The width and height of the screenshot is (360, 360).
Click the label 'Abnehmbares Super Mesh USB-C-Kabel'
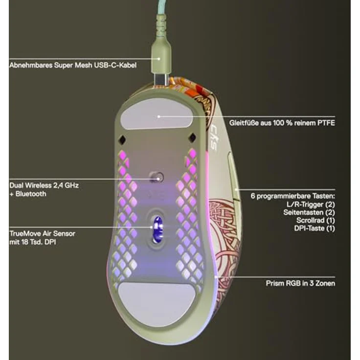73,65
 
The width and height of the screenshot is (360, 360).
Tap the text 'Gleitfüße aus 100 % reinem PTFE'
282,122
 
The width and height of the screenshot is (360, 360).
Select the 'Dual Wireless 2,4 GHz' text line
44,186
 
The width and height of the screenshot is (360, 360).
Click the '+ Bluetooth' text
28,194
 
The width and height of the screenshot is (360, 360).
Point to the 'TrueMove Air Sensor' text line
42,233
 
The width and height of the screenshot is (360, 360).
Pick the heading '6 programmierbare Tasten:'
292,196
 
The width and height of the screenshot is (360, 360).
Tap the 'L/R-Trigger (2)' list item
310,204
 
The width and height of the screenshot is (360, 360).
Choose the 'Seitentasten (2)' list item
309,212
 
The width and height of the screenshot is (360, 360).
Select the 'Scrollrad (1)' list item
314,220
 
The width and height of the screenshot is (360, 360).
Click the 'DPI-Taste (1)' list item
315,228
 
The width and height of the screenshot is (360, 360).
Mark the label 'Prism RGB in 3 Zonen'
300,283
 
